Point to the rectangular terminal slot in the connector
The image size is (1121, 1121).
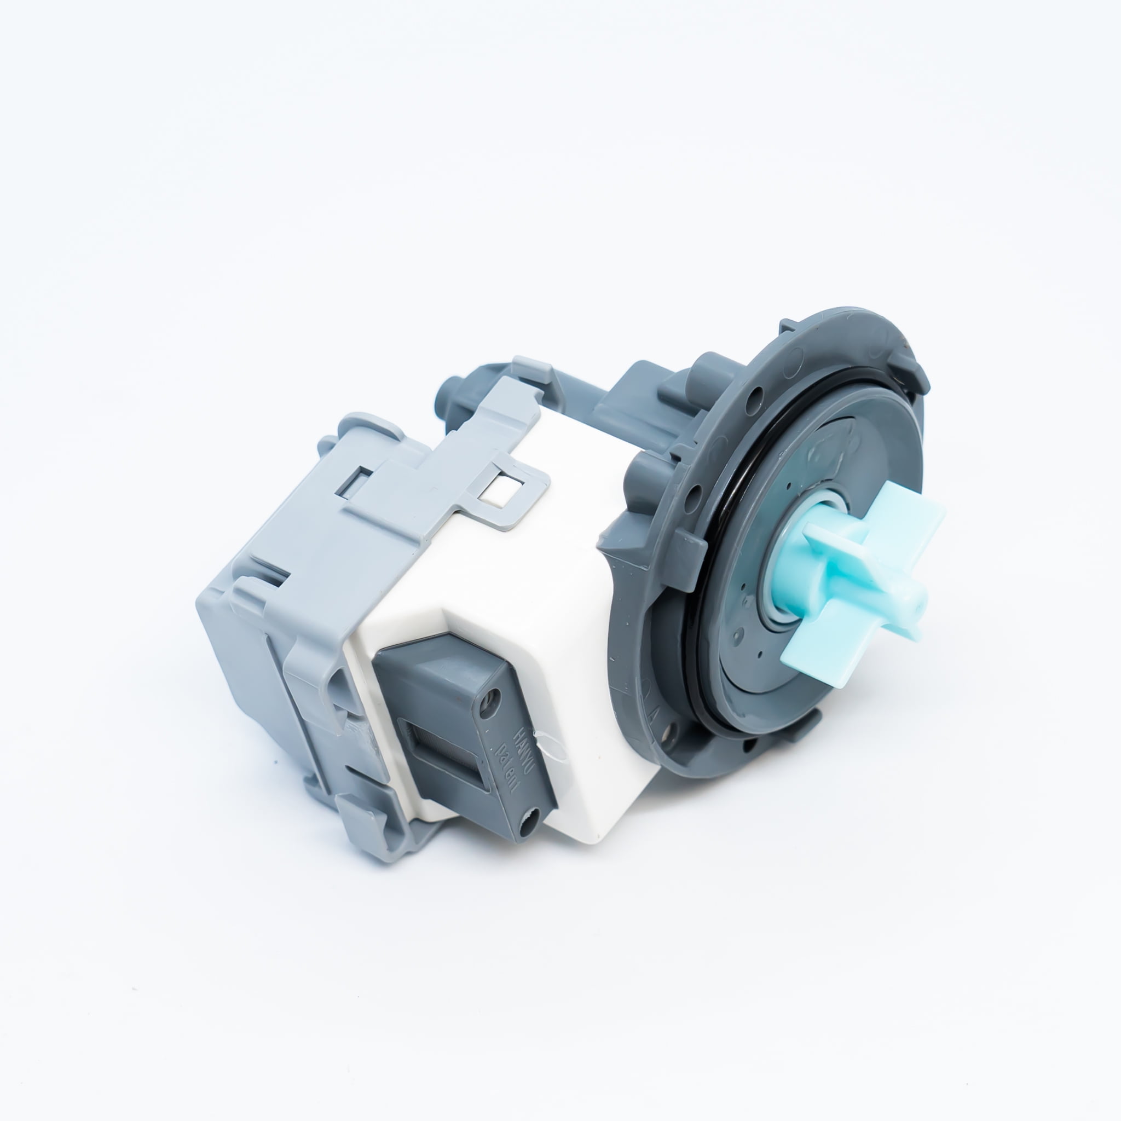[x=450, y=754]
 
